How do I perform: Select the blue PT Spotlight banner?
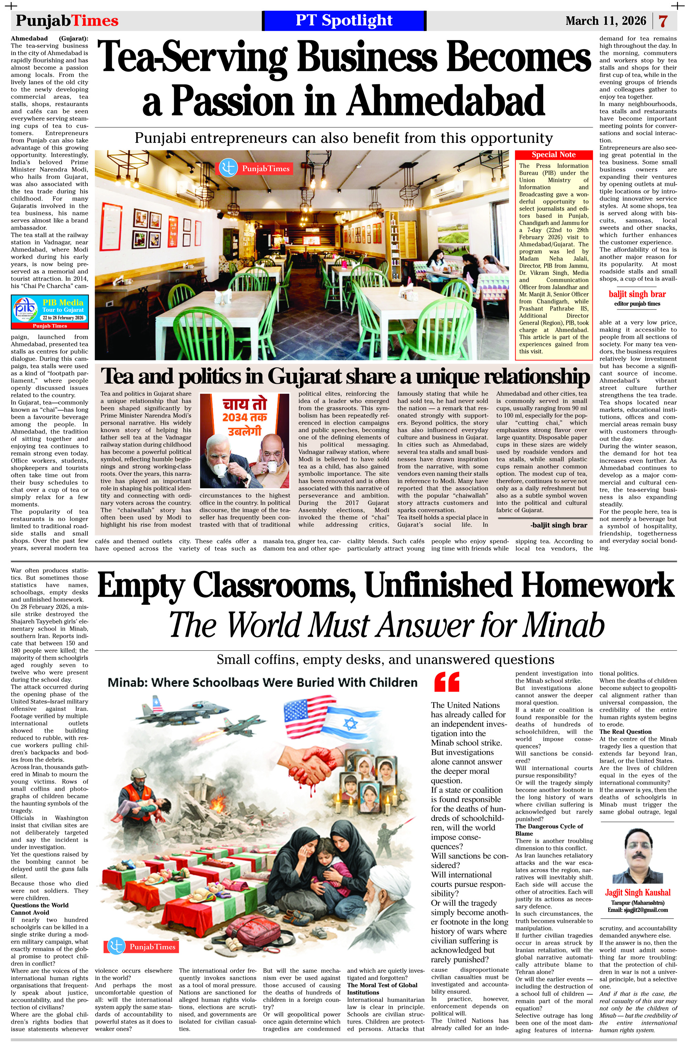(x=344, y=21)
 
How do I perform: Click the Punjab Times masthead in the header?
(x=67, y=21)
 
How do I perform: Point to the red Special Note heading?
(x=553, y=155)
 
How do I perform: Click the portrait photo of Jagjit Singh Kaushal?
(x=637, y=855)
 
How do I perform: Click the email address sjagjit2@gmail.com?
(x=637, y=910)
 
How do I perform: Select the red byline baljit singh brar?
(x=637, y=294)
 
